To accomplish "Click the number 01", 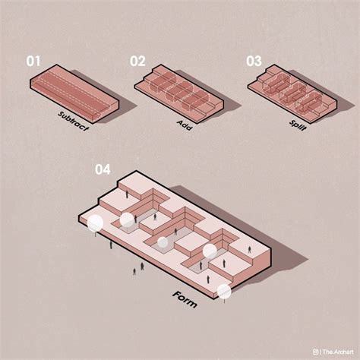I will pos(33,62).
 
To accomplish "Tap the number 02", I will pos(137,62).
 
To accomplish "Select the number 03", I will pos(254,62).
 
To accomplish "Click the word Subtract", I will pos(74,122).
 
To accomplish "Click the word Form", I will pos(185,297).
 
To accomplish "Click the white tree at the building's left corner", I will pos(96,223).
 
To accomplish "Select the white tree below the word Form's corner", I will pos(223,290).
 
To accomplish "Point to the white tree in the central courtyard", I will pos(163,242).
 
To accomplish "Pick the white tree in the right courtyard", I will pos(209,250).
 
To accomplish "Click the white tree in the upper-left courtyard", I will pos(126,219).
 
